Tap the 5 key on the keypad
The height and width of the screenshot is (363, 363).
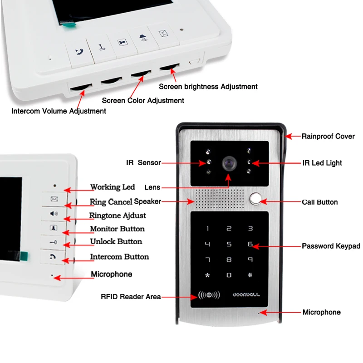(x=229, y=244)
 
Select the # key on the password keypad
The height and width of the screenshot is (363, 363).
(x=250, y=275)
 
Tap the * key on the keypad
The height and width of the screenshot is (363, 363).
(x=207, y=275)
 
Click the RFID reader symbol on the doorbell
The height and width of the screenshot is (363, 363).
(x=209, y=294)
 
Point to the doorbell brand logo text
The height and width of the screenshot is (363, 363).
(x=246, y=294)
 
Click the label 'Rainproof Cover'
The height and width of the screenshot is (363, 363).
(x=328, y=137)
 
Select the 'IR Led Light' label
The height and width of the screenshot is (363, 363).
(x=322, y=163)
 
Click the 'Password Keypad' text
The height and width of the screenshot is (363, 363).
(x=331, y=246)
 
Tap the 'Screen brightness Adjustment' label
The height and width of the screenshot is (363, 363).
(x=208, y=87)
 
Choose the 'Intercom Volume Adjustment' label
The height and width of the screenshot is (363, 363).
(x=59, y=111)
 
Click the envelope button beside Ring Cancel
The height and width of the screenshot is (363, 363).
(x=54, y=199)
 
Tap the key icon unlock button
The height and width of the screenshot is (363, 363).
(x=53, y=242)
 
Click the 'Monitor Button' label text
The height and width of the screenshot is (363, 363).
(x=118, y=229)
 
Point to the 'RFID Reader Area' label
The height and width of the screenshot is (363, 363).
(x=131, y=297)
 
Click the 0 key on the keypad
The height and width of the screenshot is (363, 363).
(x=229, y=275)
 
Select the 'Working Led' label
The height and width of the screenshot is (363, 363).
(x=113, y=187)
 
